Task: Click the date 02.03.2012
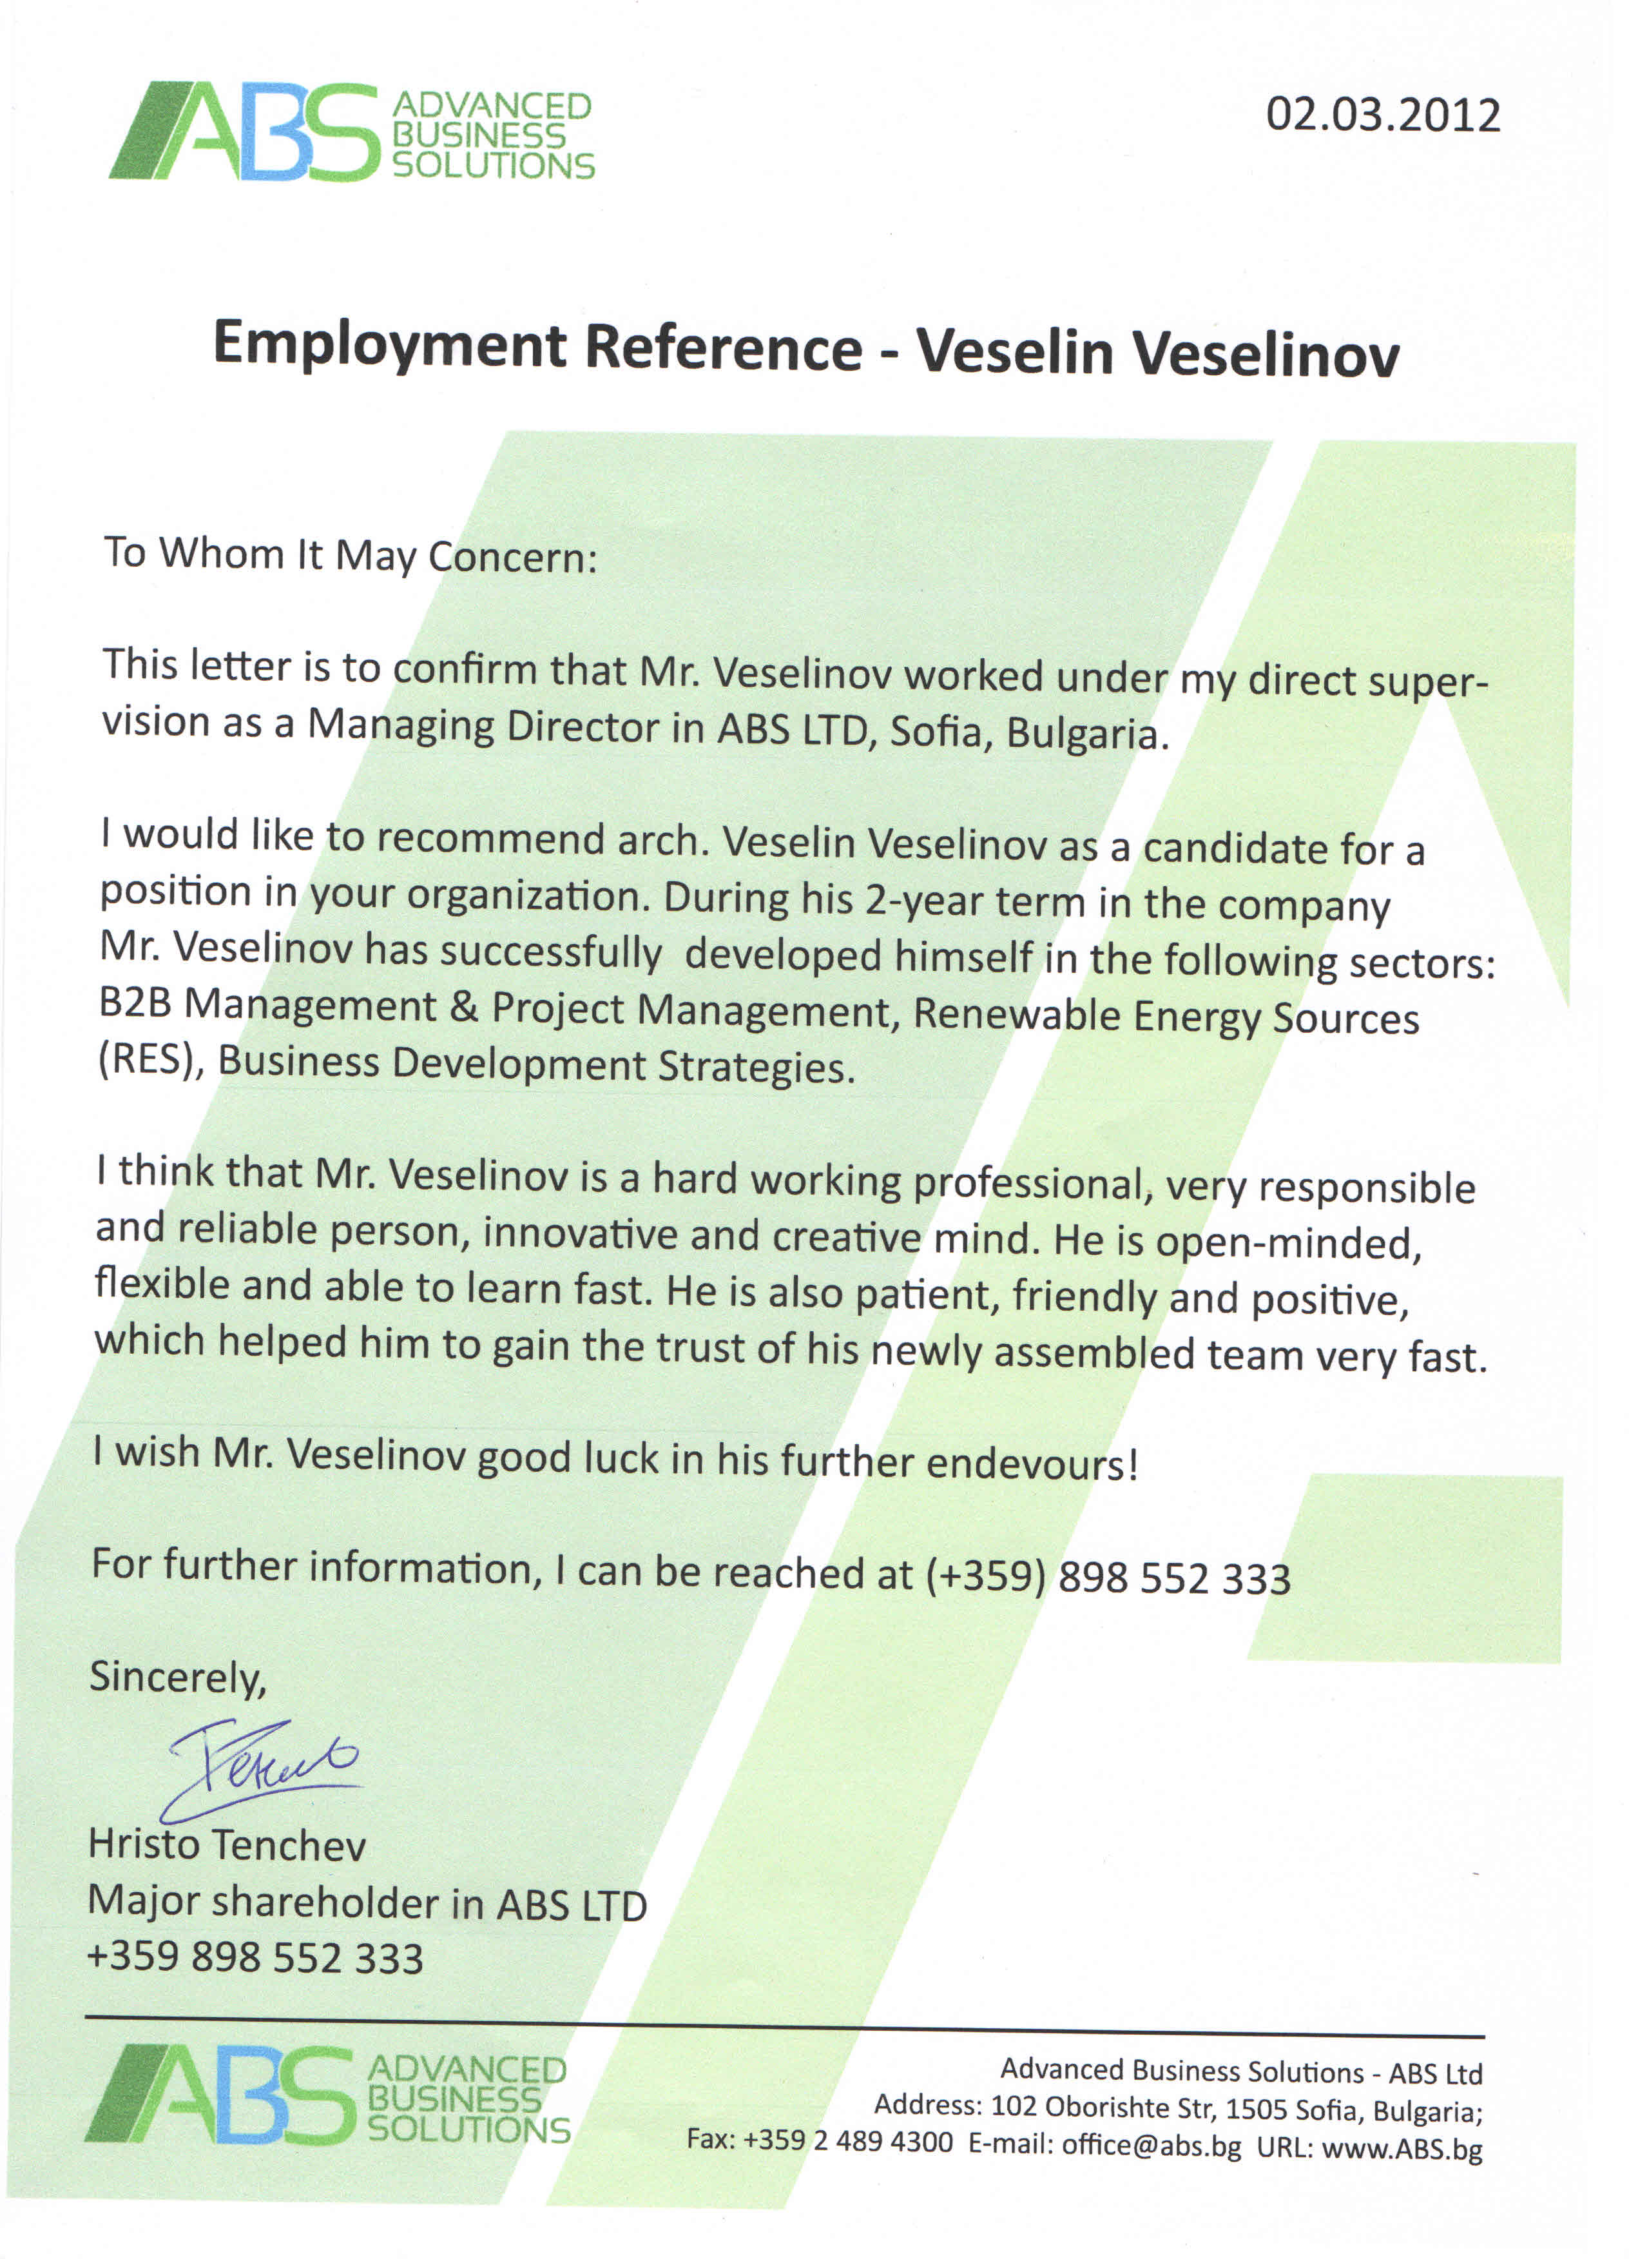tap(1382, 115)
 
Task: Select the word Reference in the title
tap(723, 349)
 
